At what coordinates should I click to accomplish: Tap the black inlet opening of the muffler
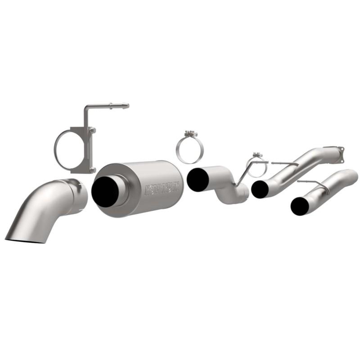tap(105, 192)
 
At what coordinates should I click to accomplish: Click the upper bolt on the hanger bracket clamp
tap(92, 130)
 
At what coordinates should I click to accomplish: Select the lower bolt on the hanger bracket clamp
tap(92, 169)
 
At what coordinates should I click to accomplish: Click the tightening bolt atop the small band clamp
tap(257, 155)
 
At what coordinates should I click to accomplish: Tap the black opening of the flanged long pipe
tap(260, 189)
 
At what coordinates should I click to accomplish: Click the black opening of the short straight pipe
tap(300, 206)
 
